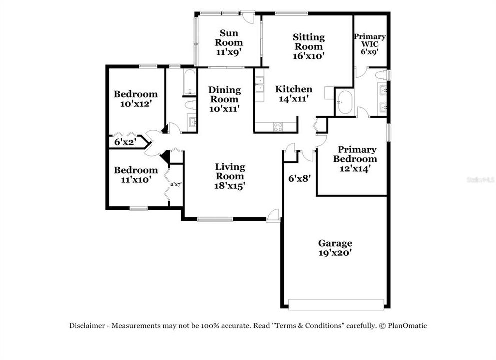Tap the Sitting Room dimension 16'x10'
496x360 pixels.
(309, 56)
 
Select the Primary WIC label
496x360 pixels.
(370, 40)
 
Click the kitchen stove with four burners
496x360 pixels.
(278, 127)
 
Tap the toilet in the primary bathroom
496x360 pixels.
(383, 75)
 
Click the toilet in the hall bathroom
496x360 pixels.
(189, 105)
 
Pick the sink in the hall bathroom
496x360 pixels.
(192, 121)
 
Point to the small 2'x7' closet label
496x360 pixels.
(175, 184)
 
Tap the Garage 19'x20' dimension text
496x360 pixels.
(335, 253)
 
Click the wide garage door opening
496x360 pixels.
(336, 304)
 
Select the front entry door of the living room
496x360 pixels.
(273, 215)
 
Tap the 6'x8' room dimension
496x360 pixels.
(300, 177)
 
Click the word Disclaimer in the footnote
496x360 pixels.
(87, 325)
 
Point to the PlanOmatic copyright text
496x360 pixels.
(403, 325)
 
